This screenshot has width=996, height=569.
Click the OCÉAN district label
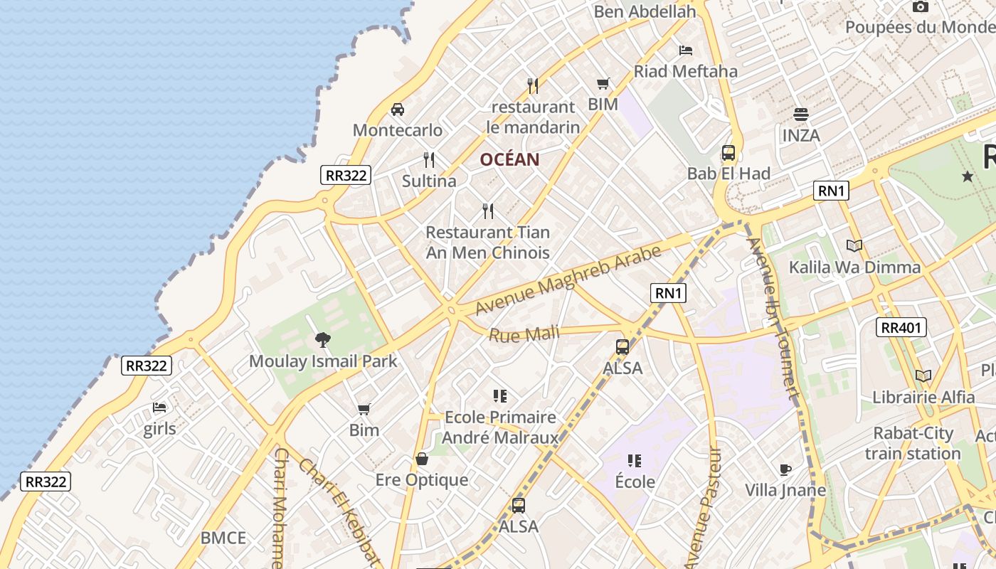(x=509, y=159)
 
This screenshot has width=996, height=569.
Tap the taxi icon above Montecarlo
(x=398, y=110)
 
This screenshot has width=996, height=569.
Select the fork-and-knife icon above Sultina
(x=428, y=159)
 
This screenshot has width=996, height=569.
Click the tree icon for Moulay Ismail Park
(x=323, y=340)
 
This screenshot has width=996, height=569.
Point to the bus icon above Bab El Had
(x=728, y=152)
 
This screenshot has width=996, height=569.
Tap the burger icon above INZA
(x=801, y=115)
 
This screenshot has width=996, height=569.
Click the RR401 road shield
(x=901, y=327)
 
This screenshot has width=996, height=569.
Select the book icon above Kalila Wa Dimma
(x=854, y=246)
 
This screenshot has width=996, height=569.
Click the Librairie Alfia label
(x=923, y=397)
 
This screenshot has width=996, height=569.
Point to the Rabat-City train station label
(x=913, y=443)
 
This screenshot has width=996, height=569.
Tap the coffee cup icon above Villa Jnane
(x=785, y=469)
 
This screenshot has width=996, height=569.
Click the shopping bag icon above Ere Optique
(x=422, y=459)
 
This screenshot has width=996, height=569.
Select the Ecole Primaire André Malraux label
(x=500, y=427)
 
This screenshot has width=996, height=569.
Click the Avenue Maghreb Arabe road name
(x=568, y=281)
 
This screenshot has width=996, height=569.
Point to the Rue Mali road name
(x=524, y=334)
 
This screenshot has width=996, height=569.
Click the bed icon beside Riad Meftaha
(x=686, y=50)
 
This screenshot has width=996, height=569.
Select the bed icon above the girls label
(x=159, y=408)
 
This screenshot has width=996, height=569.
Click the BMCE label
(x=223, y=538)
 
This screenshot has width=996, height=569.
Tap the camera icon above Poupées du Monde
(x=920, y=7)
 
